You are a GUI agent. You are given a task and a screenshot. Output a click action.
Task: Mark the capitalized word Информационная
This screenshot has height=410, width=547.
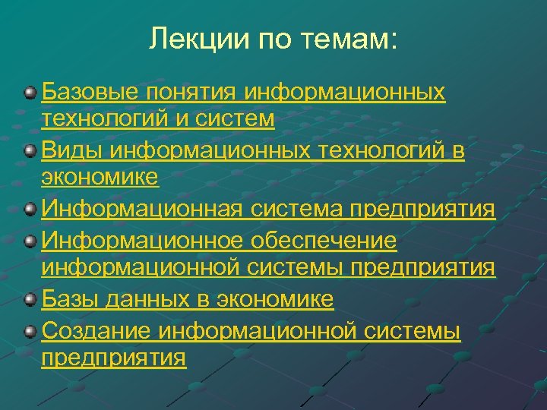coord(127,210)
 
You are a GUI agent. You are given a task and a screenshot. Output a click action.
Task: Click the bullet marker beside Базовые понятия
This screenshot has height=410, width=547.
coord(29,93)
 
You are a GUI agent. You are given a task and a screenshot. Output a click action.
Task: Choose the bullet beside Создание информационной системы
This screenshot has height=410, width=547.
coord(29,331)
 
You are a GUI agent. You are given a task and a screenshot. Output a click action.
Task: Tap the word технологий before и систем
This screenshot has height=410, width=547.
coord(109,120)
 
